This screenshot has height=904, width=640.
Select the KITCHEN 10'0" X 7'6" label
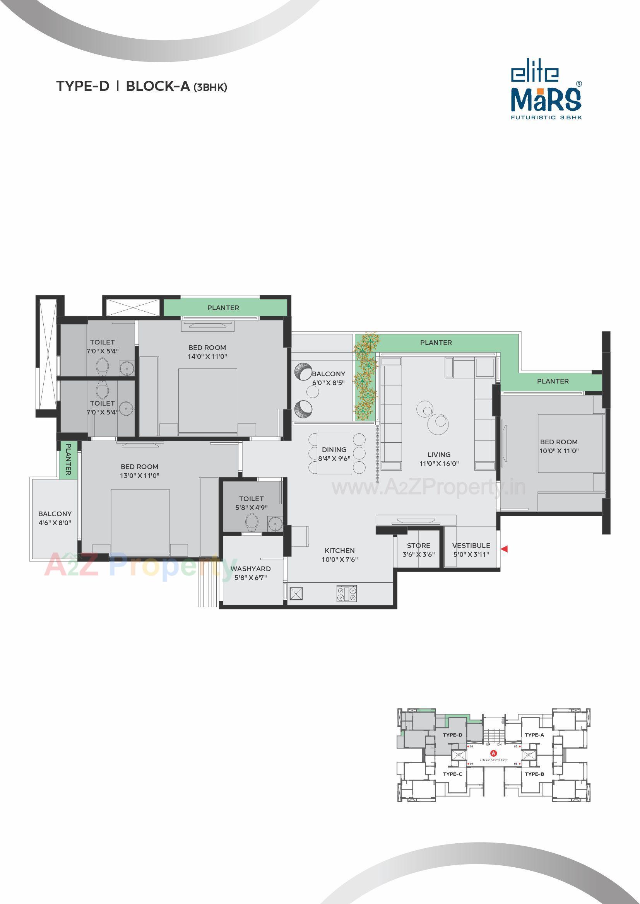pos(339,555)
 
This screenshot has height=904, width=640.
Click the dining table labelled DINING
pos(334,454)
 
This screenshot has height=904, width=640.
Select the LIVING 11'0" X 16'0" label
pos(439,459)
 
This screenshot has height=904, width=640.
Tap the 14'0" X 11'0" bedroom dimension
pos(207,357)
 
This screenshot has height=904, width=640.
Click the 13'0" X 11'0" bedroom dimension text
pos(140,476)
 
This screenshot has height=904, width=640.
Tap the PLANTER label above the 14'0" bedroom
pos(223,308)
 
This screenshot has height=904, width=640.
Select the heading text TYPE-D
pos(83,87)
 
